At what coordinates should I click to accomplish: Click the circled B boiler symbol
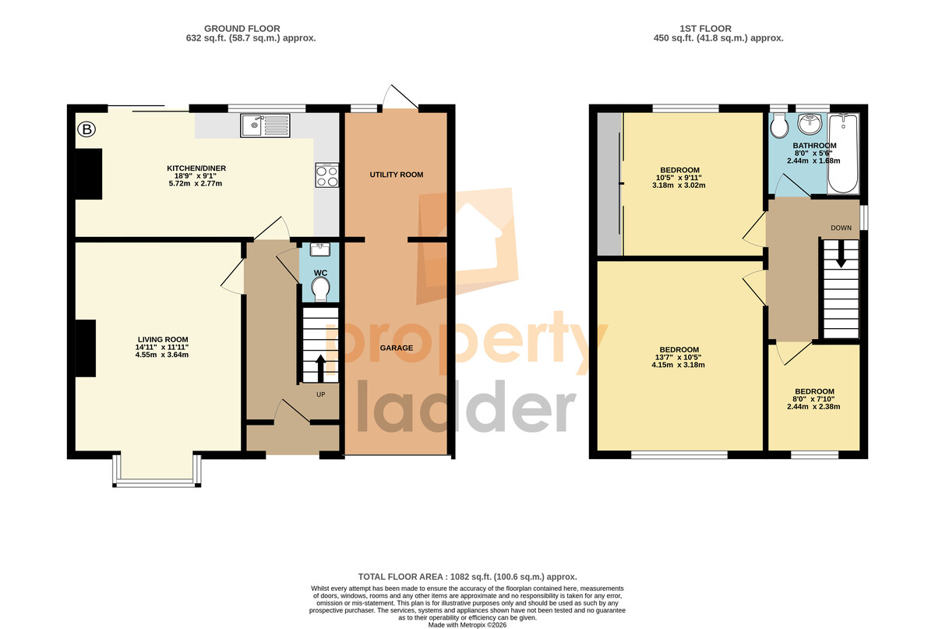coord(86,129)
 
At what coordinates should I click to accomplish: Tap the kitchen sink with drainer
coord(265,125)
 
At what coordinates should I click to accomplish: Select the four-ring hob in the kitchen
coord(327,175)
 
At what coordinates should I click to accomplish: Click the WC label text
coord(320,273)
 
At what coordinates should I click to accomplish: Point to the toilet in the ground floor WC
coord(321,289)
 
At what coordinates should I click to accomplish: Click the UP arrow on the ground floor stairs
coord(320,369)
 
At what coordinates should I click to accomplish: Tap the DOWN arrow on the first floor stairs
coord(841,254)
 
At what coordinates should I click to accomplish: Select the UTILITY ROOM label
coord(397,175)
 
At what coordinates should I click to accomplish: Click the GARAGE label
coord(397,348)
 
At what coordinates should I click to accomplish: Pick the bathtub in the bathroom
coord(843,154)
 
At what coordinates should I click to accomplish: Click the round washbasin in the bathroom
coord(810,125)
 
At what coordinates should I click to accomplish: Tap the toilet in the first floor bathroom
coord(779,125)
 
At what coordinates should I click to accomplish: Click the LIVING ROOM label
coord(163,340)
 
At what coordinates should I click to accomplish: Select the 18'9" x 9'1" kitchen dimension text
coord(196,176)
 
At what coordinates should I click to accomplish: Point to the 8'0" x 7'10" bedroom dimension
coord(814,399)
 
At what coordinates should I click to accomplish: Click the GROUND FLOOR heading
coord(242,28)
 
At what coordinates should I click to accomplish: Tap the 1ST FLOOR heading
coord(705,28)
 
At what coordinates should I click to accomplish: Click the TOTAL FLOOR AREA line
coord(467,577)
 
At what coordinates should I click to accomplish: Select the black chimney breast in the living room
coord(86,348)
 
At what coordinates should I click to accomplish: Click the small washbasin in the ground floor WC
coord(320,249)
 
